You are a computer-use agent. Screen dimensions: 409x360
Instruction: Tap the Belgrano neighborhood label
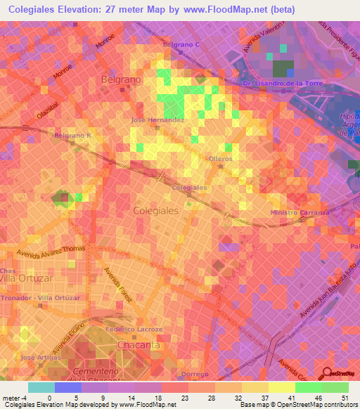click(x=121, y=79)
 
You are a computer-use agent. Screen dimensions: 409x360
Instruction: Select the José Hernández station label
click(x=157, y=120)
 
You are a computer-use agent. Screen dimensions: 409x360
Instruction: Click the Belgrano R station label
click(x=73, y=134)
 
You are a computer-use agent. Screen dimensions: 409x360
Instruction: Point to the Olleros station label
click(x=220, y=159)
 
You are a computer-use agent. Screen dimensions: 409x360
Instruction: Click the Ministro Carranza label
click(x=300, y=212)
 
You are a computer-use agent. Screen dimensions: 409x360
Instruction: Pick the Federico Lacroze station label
click(x=134, y=329)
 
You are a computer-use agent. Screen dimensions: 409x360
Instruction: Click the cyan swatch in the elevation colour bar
click(x=41, y=387)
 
